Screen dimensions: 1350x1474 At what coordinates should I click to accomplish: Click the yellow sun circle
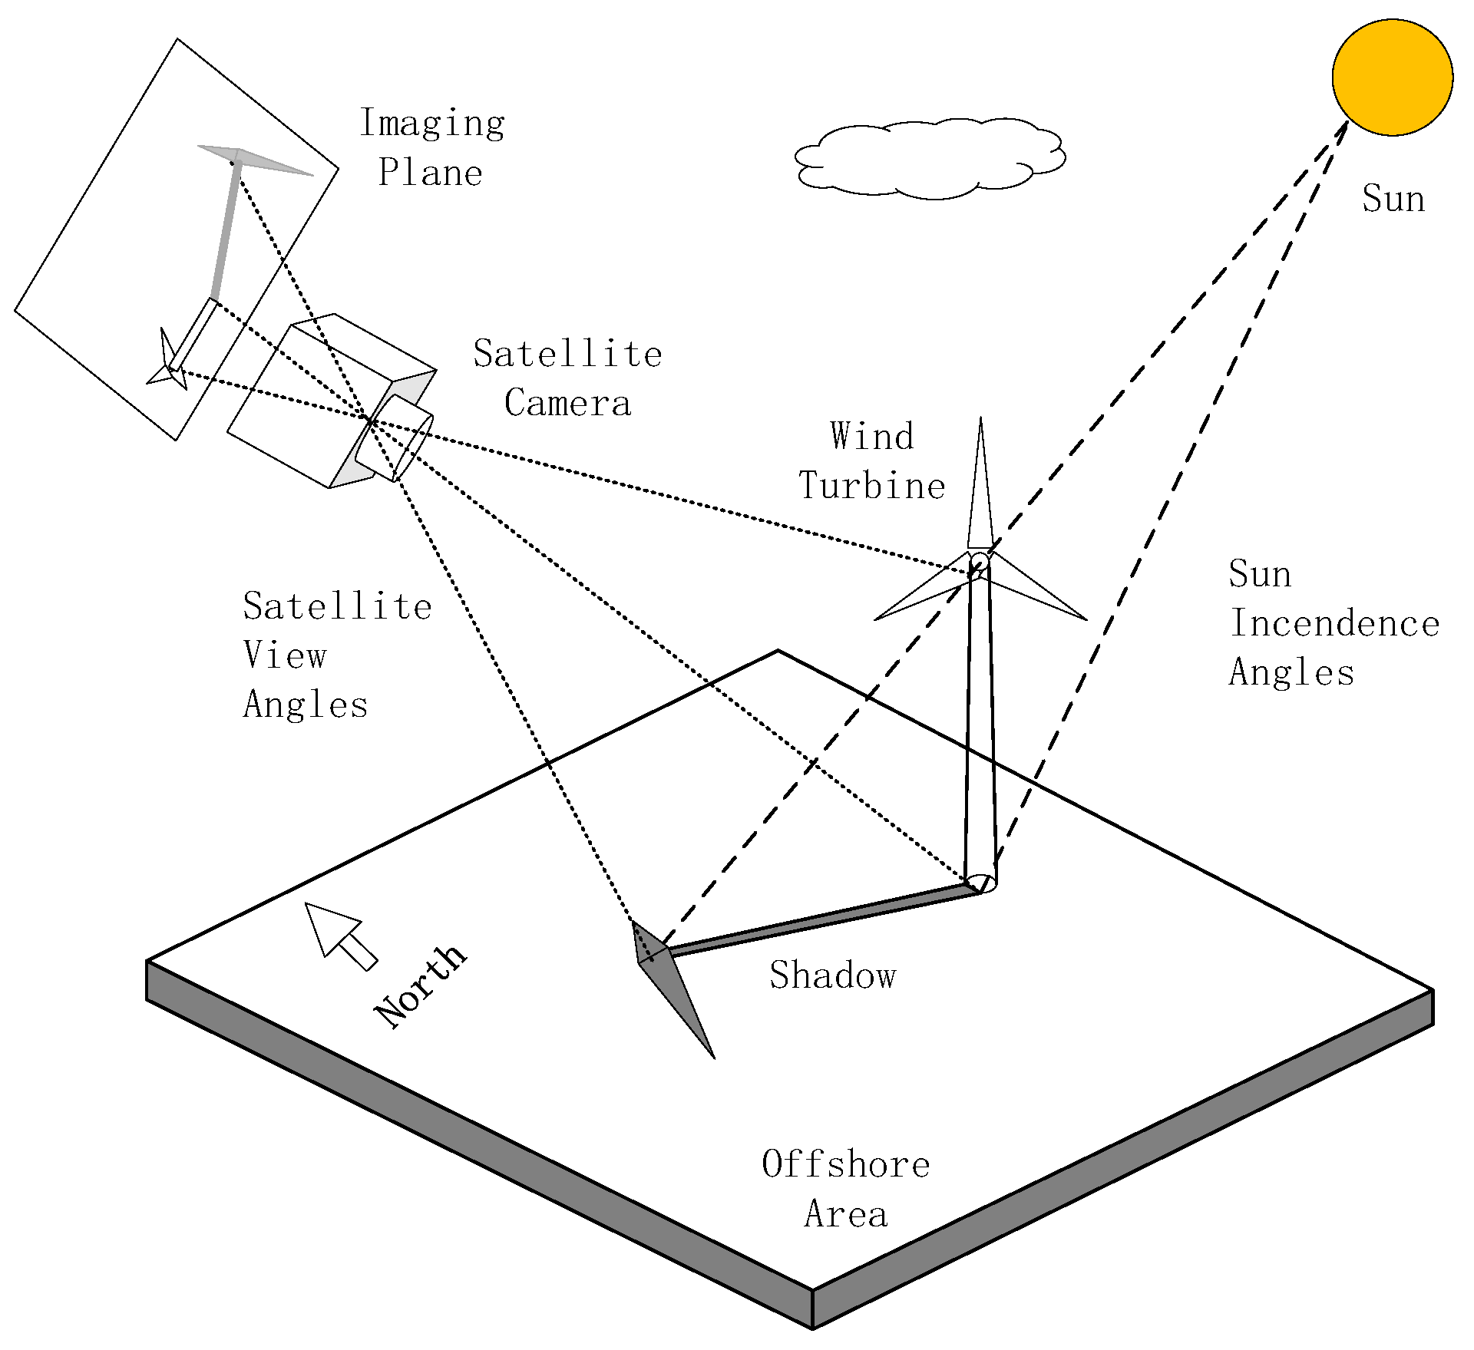click(x=1392, y=78)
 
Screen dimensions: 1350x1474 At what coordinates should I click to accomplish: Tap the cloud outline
click(x=929, y=159)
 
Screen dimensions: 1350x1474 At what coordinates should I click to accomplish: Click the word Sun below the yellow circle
click(x=1393, y=199)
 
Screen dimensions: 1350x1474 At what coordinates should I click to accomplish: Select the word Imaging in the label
click(x=432, y=123)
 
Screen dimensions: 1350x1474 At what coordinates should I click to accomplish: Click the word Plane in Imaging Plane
click(x=430, y=173)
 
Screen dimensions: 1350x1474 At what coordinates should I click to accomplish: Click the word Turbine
click(x=871, y=486)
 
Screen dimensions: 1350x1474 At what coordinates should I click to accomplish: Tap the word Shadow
click(x=833, y=975)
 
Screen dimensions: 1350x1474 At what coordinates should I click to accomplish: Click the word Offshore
click(x=845, y=1164)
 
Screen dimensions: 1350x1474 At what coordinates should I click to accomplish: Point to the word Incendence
click(x=1334, y=623)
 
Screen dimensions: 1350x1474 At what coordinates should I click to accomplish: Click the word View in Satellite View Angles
click(x=285, y=655)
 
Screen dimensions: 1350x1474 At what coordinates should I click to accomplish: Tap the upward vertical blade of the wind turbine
click(x=980, y=491)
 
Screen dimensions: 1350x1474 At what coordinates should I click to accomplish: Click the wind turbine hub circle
click(x=979, y=561)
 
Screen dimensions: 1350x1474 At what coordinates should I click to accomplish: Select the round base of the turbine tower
click(x=981, y=882)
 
